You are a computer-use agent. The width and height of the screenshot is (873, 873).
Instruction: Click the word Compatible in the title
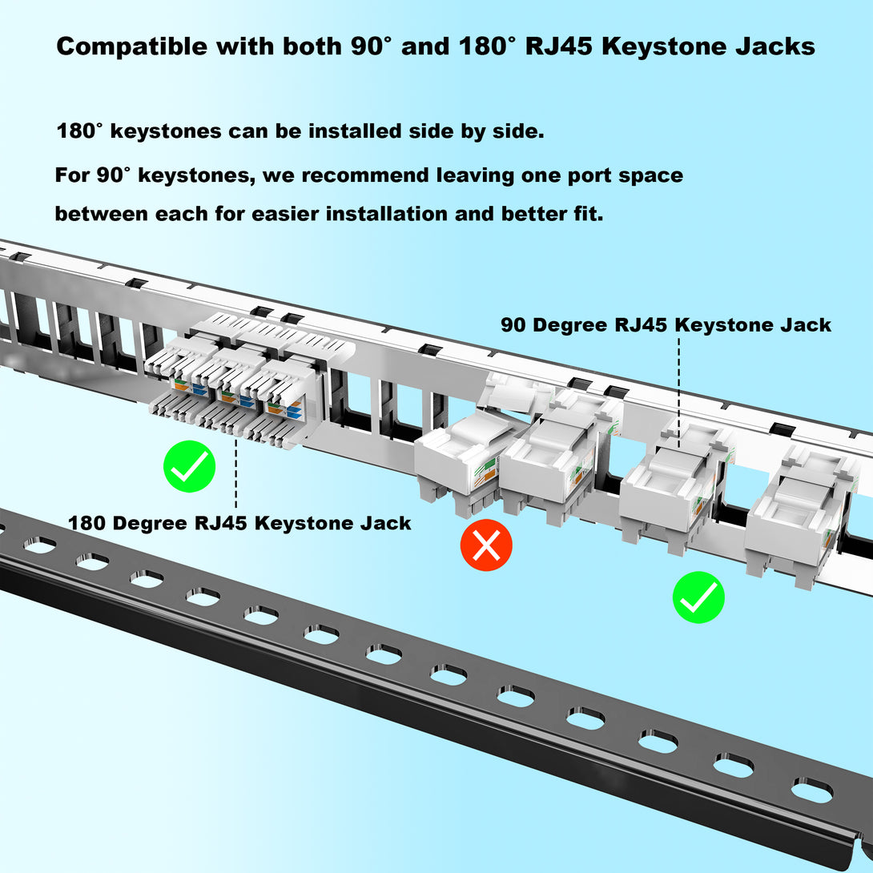click(132, 46)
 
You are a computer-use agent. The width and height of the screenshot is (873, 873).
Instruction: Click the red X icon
click(486, 545)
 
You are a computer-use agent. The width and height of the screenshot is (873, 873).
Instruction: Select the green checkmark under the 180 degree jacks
click(189, 467)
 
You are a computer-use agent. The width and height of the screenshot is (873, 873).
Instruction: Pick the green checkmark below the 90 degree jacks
click(698, 597)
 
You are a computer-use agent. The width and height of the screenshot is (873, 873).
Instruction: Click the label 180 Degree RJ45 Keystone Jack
click(239, 523)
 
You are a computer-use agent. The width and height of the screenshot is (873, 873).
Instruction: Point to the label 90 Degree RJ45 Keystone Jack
click(666, 325)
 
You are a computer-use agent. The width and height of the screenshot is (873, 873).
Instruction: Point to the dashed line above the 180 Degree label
click(236, 473)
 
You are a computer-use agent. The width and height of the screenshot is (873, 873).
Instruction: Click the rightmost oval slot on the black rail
click(812, 791)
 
